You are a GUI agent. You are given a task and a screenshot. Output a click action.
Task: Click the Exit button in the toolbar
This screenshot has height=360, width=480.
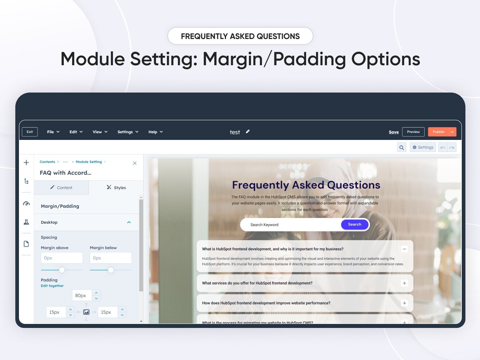pos(30,132)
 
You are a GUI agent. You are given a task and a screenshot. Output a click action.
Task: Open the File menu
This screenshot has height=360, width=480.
pos(53,132)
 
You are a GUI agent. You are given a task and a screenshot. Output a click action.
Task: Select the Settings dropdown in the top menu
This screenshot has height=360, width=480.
pos(128,132)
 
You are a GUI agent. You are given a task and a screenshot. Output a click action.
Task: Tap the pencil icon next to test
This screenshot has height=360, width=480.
pos(248,132)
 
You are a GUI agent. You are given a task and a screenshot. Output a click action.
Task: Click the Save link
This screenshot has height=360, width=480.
pos(394,132)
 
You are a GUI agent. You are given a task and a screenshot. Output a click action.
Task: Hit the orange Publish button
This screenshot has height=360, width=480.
pos(438,132)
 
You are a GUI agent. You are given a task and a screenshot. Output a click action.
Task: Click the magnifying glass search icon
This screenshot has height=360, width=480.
pos(402,148)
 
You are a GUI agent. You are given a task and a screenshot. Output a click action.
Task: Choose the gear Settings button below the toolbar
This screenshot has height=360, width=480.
pos(423,148)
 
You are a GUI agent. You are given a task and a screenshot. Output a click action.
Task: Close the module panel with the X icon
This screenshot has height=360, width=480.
pos(134,163)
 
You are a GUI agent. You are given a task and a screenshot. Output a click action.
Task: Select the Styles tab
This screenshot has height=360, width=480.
pos(116,188)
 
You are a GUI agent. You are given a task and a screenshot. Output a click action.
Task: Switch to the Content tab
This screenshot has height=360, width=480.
pos(61,188)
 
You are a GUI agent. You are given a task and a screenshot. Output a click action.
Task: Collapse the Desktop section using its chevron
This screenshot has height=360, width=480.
pos(129,222)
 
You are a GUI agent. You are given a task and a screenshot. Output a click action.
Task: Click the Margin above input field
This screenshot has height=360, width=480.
pos(62,258)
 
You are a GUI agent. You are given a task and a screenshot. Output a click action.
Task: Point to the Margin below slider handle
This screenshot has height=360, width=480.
pos(111,270)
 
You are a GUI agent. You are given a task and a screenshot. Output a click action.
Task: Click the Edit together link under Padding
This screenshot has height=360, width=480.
pos(52,286)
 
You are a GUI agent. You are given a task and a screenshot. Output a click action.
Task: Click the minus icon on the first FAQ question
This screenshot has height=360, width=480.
pos(404,249)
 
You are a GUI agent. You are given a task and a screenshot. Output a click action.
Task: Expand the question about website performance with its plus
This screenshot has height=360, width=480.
pos(404,303)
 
